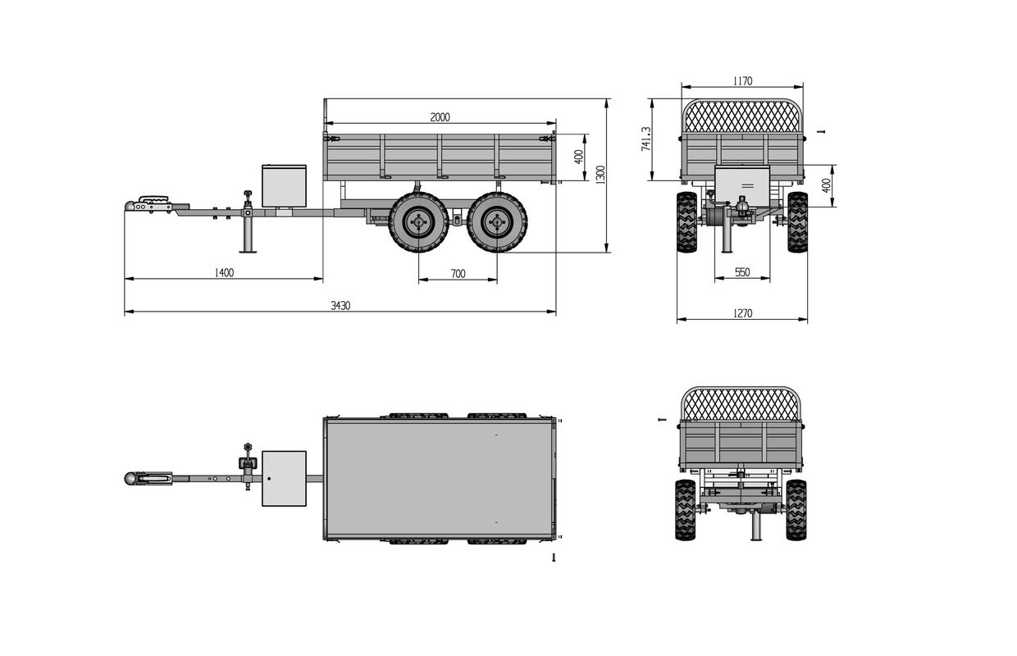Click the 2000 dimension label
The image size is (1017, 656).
click(x=440, y=117)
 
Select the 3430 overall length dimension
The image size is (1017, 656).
click(x=340, y=305)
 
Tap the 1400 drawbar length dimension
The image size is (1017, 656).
click(x=224, y=272)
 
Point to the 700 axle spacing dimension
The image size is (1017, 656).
click(x=458, y=274)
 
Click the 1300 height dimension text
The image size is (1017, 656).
click(x=600, y=175)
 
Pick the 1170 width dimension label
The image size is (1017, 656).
click(x=742, y=81)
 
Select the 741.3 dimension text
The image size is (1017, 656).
click(x=646, y=139)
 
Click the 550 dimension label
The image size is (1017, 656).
click(x=742, y=272)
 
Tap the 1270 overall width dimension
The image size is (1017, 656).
click(x=742, y=313)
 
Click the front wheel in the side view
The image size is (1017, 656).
click(x=418, y=221)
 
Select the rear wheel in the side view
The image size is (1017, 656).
click(x=497, y=221)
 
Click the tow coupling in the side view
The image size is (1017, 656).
click(x=152, y=203)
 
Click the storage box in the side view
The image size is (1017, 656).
click(x=284, y=185)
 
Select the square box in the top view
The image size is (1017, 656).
click(x=284, y=478)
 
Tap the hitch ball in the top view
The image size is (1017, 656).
click(x=131, y=478)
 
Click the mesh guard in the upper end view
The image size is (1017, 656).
click(x=741, y=116)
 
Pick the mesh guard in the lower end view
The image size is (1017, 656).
click(x=741, y=404)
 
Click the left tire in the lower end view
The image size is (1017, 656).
click(x=685, y=510)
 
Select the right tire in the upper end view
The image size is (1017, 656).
click(x=797, y=221)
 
